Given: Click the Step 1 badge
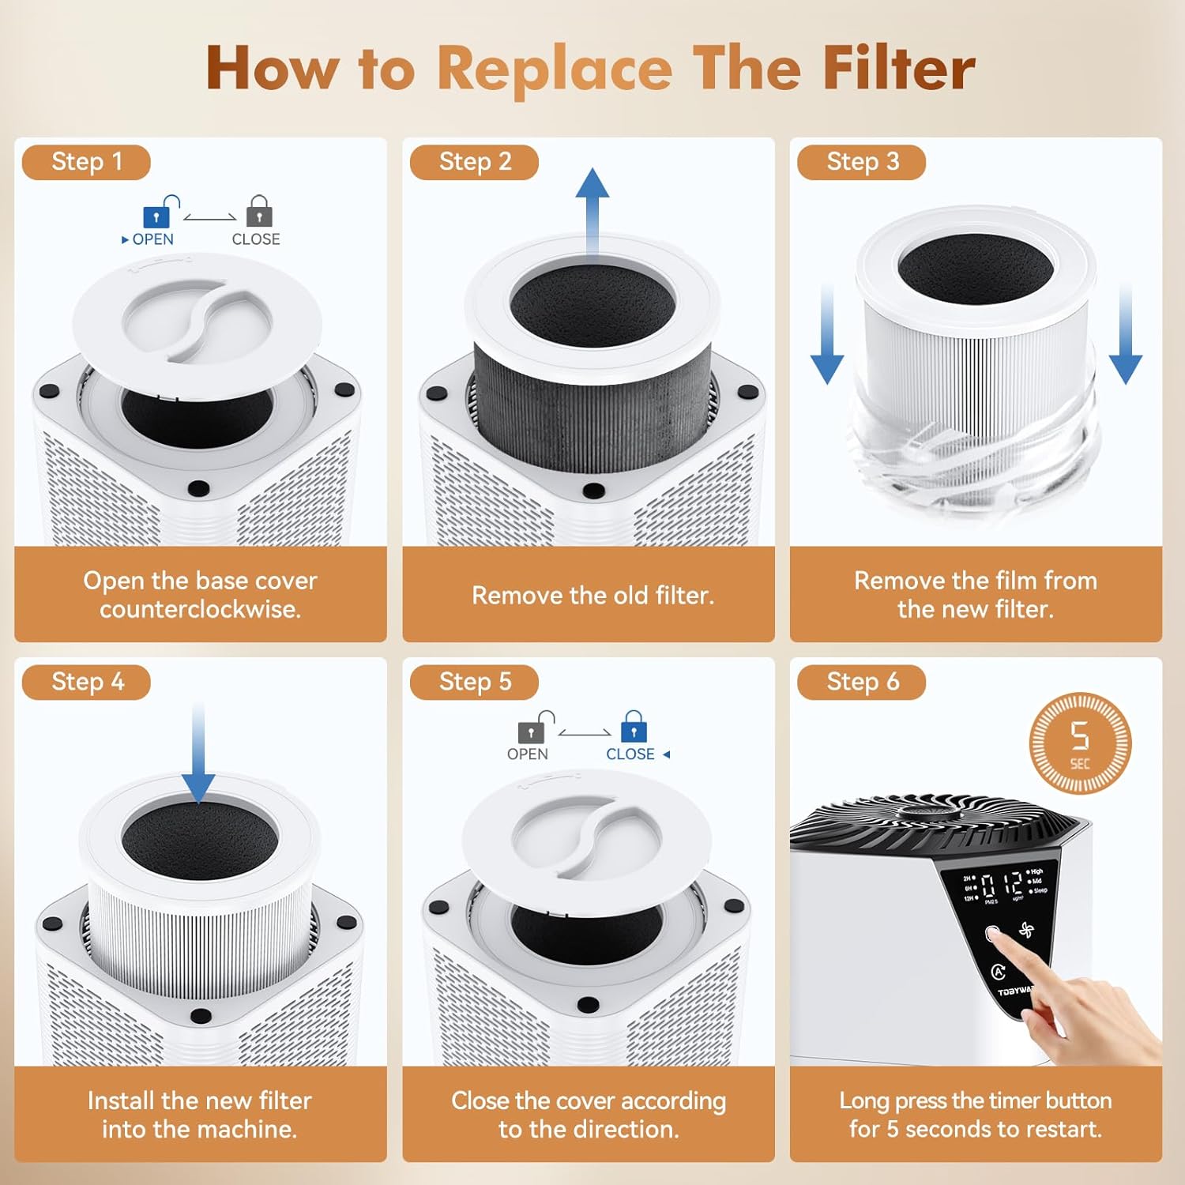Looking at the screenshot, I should point(86,162).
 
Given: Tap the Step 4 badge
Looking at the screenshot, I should point(86,682).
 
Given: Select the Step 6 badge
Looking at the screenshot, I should point(861,682).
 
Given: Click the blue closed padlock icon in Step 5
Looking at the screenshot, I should point(634,728).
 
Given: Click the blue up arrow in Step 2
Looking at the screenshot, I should point(592,209).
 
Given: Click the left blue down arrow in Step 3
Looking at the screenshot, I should point(827,336).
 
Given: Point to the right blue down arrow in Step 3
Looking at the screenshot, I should point(1126,336).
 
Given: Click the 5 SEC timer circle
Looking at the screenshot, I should point(1080,743).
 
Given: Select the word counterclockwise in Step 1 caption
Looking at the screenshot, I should point(200,609).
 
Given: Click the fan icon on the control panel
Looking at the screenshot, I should point(1026,930).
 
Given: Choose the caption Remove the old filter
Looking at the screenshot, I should point(592,595).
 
